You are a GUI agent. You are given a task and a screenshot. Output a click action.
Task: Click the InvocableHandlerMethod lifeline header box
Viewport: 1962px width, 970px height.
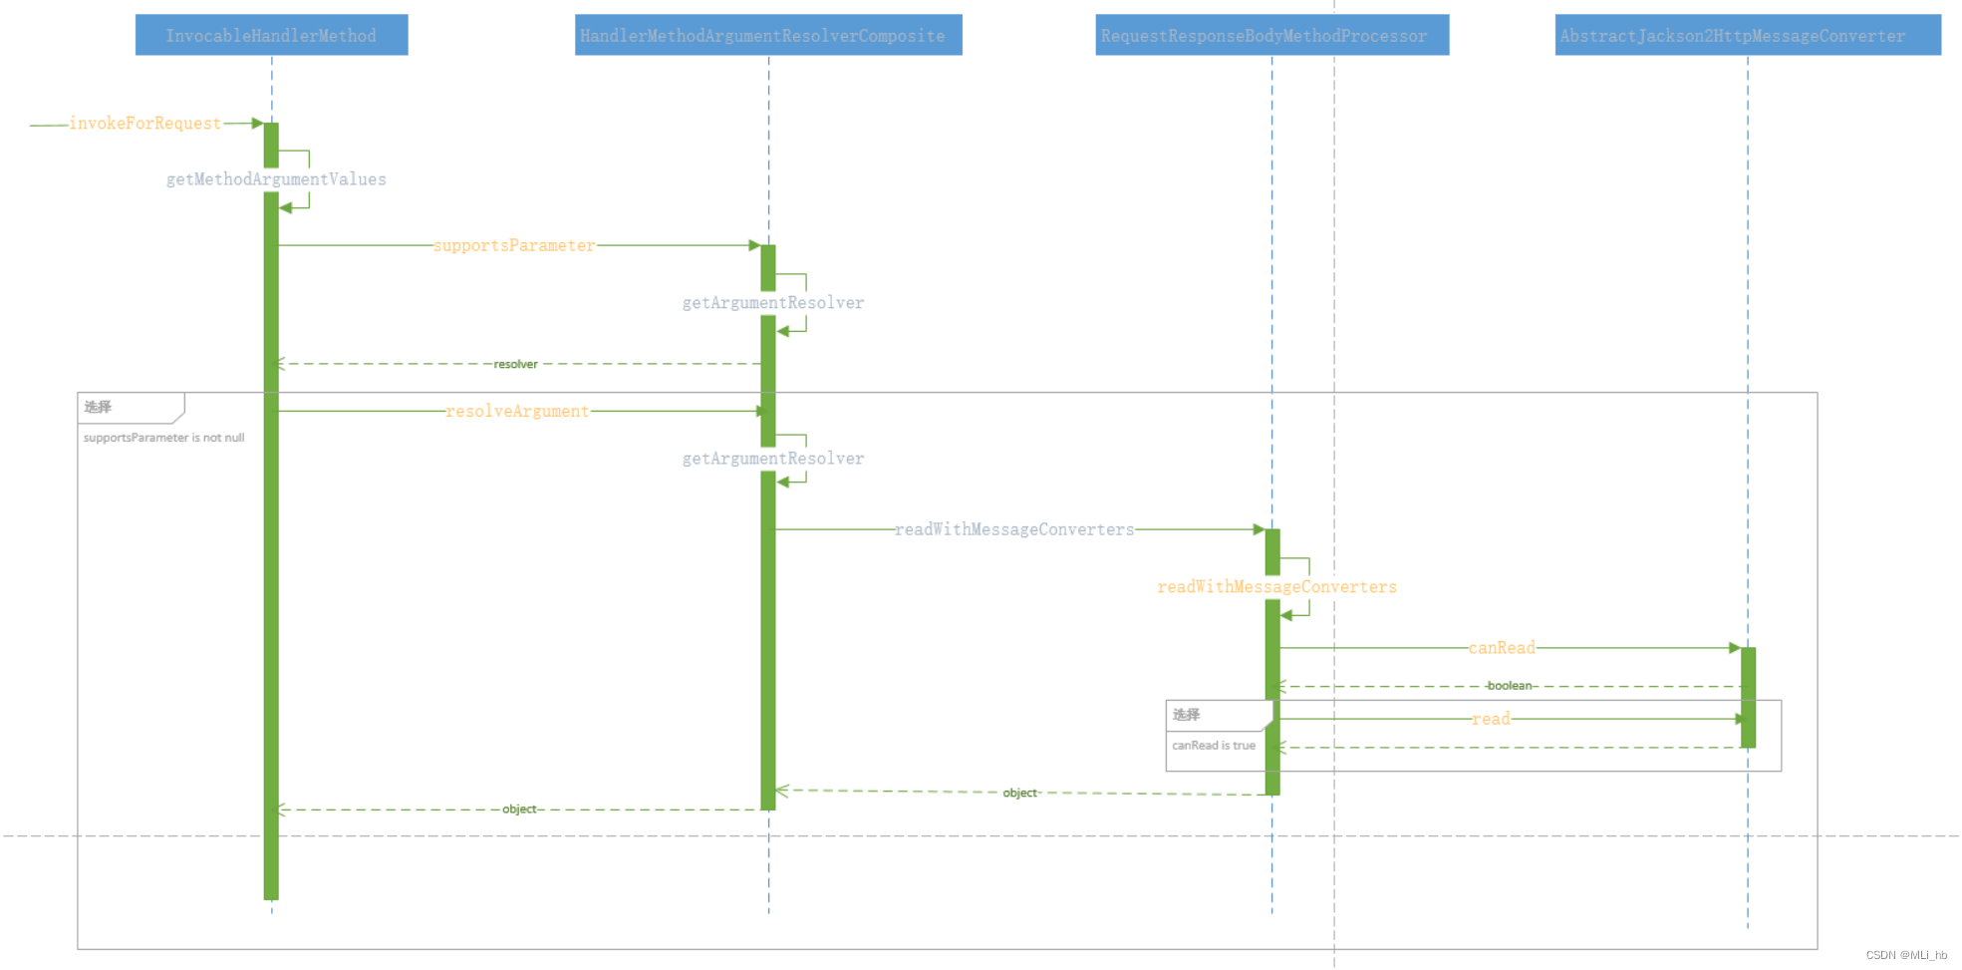click(x=271, y=35)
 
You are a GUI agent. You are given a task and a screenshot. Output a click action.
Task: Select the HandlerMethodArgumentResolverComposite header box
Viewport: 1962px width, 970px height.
click(x=767, y=35)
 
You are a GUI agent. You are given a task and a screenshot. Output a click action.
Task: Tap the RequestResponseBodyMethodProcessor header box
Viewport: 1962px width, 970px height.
click(x=1271, y=35)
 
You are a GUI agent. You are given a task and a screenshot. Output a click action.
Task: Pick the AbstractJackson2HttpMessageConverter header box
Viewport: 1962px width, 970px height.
click(x=1747, y=35)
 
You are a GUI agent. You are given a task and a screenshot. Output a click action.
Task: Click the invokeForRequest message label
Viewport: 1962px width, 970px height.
click(x=144, y=124)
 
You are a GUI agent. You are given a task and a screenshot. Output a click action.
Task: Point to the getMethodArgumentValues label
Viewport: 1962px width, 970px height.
click(x=276, y=179)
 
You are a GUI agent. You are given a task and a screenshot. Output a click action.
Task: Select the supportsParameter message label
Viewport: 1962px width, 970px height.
click(x=514, y=245)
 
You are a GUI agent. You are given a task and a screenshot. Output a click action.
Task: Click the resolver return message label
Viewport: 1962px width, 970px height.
click(x=515, y=364)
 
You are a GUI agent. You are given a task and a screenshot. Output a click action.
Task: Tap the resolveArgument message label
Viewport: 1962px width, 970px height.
click(x=517, y=411)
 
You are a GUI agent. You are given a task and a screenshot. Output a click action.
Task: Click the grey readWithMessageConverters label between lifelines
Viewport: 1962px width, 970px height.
click(x=1013, y=529)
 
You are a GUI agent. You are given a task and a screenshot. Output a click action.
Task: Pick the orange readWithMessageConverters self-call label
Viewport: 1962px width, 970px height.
click(x=1276, y=587)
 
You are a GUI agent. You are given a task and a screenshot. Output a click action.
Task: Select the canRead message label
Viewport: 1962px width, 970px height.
click(x=1502, y=648)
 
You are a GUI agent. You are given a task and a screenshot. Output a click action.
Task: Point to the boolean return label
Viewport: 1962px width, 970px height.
click(x=1510, y=686)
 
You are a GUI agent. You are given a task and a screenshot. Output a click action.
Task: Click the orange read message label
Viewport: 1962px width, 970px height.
click(x=1491, y=719)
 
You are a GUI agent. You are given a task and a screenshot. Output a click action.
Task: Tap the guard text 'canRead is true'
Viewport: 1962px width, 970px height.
click(x=1214, y=746)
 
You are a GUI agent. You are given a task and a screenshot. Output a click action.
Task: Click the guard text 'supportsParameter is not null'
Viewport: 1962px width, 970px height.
click(x=163, y=438)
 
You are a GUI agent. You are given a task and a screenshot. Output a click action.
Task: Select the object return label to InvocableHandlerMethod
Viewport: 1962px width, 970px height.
click(x=519, y=809)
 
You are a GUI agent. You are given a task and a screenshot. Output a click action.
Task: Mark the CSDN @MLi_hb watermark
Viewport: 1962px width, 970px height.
click(x=1905, y=955)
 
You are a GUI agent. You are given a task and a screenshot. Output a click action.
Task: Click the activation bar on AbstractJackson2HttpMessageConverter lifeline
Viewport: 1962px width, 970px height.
click(x=1748, y=697)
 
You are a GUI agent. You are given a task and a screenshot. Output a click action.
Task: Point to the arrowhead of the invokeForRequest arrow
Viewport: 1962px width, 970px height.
click(x=257, y=124)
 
